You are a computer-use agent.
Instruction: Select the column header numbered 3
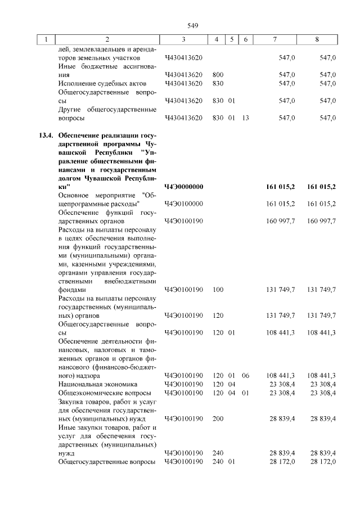(183, 39)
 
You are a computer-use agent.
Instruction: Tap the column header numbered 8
(318, 39)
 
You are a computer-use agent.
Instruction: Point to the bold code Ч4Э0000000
(184, 186)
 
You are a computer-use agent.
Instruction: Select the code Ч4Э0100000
(184, 203)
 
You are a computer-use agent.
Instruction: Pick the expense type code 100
(218, 289)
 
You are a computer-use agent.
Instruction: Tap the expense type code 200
(218, 418)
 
